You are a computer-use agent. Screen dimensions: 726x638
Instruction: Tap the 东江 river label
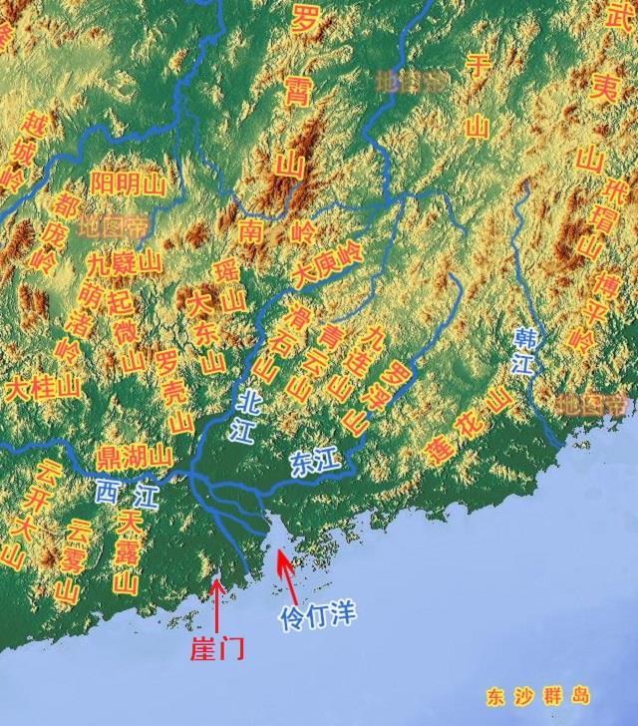tap(317, 462)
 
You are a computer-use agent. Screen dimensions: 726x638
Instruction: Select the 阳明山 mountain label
tap(127, 183)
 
